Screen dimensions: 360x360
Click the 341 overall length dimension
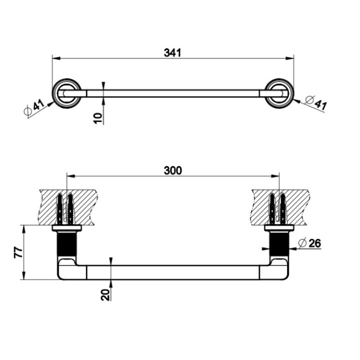pyautogui.click(x=173, y=52)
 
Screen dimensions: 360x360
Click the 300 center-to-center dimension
pyautogui.click(x=172, y=170)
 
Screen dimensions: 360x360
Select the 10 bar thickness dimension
pyautogui.click(x=98, y=117)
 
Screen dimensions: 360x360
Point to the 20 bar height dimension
pyautogui.click(x=105, y=294)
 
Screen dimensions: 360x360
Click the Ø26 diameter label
pyautogui.click(x=309, y=243)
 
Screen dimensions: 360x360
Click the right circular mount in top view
pyautogui.click(x=279, y=93)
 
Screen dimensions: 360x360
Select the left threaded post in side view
pyautogui.click(x=66, y=245)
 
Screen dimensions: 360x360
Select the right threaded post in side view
pyautogui.click(x=278, y=245)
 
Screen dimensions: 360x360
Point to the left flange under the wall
pyautogui.click(x=66, y=229)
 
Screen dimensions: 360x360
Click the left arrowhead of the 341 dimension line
pyautogui.click(x=55, y=58)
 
